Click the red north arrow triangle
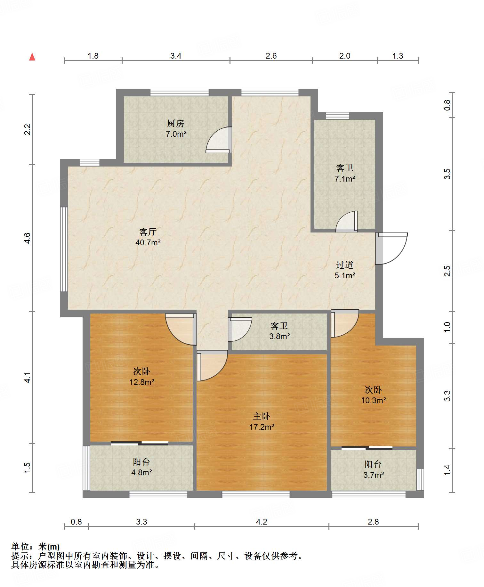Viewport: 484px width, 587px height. pyautogui.click(x=32, y=57)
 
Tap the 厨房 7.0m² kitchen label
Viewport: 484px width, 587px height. pyautogui.click(x=176, y=128)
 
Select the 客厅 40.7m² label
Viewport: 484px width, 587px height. pyautogui.click(x=148, y=237)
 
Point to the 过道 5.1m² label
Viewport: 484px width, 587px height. pyautogui.click(x=345, y=270)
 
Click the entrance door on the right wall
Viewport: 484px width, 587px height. pyautogui.click(x=391, y=248)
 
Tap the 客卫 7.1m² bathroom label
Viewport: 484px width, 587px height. pyautogui.click(x=345, y=173)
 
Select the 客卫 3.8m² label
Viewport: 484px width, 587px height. pyautogui.click(x=279, y=331)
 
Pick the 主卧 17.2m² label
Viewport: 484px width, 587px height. pyautogui.click(x=262, y=421)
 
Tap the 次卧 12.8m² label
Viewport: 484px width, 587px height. pyautogui.click(x=141, y=377)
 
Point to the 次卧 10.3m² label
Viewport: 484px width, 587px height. pyautogui.click(x=373, y=395)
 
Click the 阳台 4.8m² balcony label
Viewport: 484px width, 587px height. pyautogui.click(x=141, y=467)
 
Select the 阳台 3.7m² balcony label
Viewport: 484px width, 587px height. pyautogui.click(x=373, y=469)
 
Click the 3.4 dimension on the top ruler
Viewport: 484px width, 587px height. pyautogui.click(x=175, y=56)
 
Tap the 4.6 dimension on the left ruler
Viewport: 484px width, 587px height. pyautogui.click(x=28, y=238)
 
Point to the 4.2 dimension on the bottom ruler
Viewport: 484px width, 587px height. pyautogui.click(x=261, y=522)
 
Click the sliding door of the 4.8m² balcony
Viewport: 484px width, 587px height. pyautogui.click(x=140, y=444)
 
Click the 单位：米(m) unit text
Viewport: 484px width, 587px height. pyautogui.click(x=36, y=546)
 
